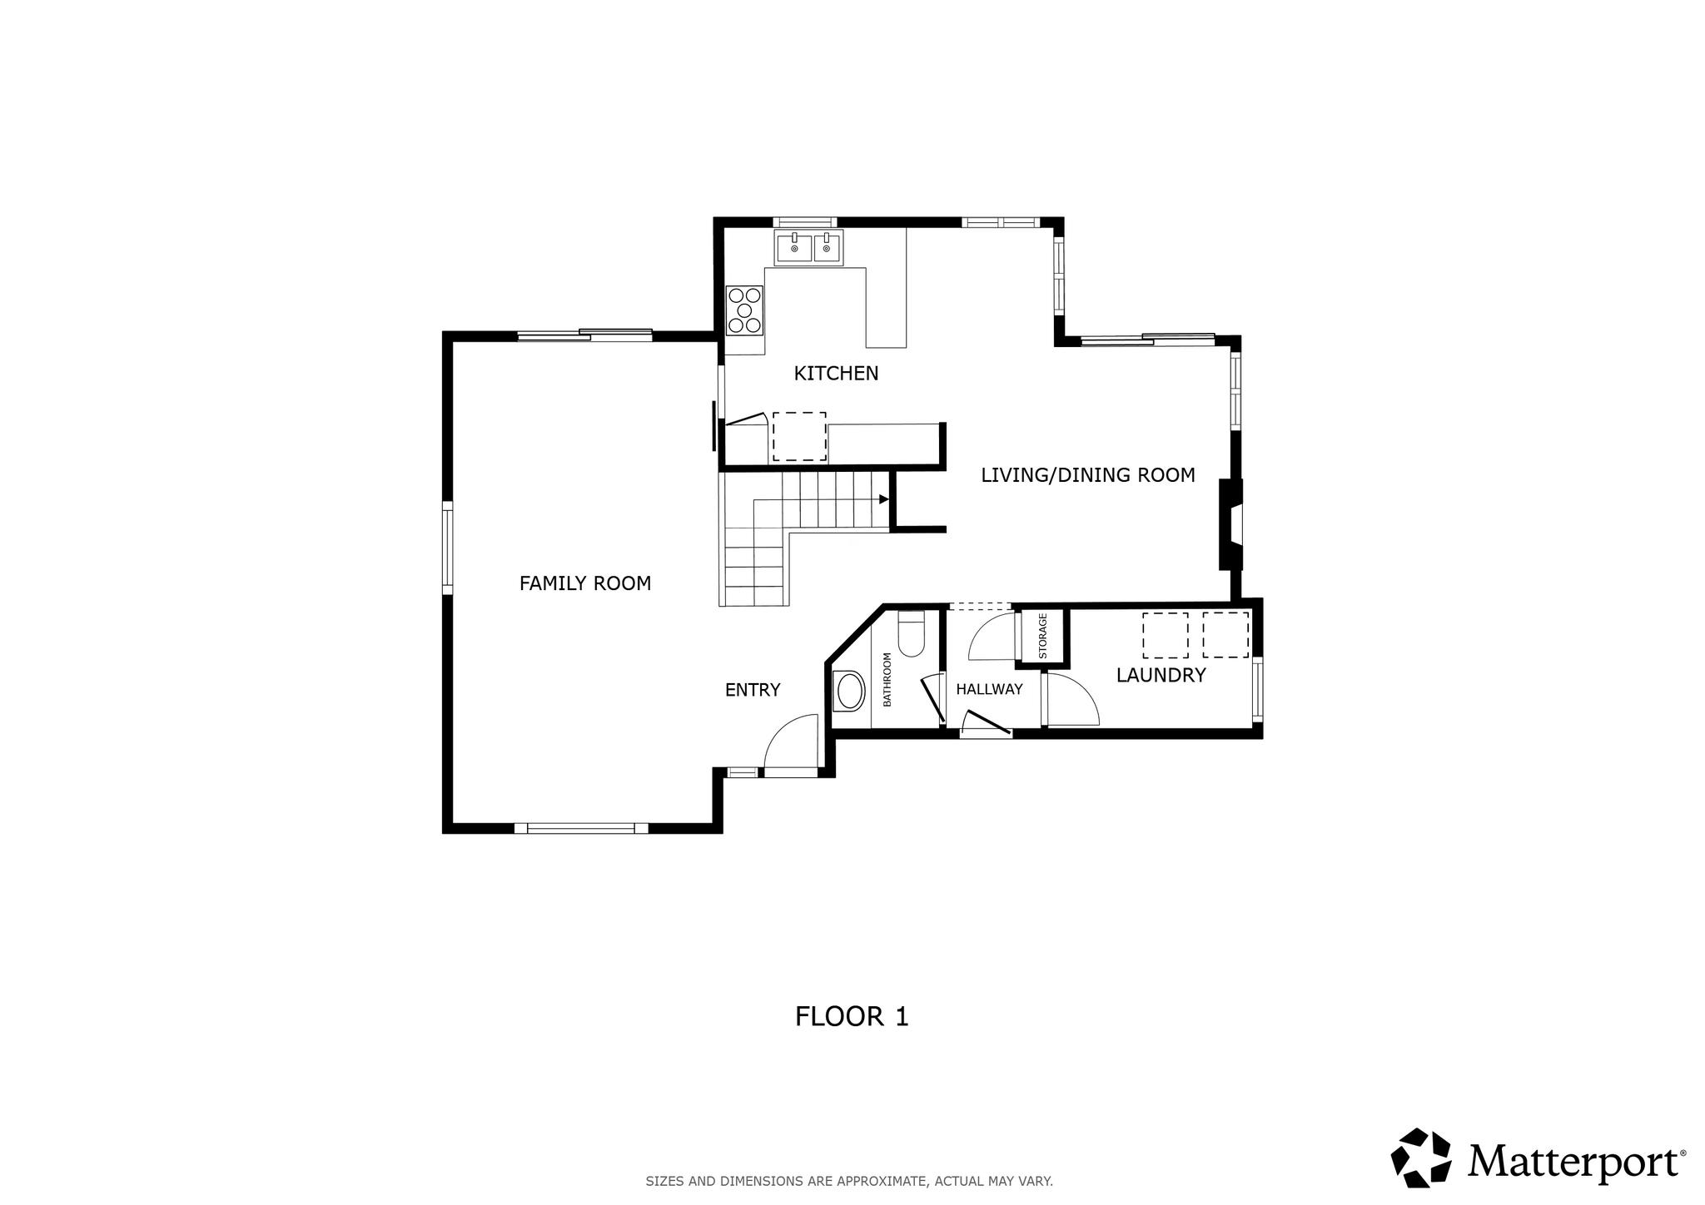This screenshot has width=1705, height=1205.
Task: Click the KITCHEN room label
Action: (836, 374)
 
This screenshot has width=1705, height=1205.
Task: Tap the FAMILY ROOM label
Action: (584, 583)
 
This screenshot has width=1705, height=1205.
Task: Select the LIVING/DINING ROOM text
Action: (1087, 475)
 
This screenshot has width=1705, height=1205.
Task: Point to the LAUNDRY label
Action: (1161, 675)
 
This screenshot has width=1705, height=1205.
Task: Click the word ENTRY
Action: (752, 690)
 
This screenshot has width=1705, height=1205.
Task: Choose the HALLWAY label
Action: (989, 689)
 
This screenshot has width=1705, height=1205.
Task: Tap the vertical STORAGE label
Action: (1042, 637)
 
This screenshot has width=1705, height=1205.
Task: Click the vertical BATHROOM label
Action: (887, 680)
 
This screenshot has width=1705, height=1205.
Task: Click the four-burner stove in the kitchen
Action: (744, 310)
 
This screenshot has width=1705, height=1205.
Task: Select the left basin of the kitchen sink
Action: (794, 247)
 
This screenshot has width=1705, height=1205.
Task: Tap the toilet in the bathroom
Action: (911, 636)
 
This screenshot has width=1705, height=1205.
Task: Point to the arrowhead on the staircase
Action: (883, 499)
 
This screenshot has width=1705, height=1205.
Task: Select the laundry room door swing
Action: (1072, 700)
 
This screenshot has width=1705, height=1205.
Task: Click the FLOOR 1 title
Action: (852, 1016)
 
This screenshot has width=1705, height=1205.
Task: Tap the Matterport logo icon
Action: (1421, 1158)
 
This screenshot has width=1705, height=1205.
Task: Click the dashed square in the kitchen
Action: (799, 436)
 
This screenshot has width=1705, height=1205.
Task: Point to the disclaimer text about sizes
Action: (849, 1181)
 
